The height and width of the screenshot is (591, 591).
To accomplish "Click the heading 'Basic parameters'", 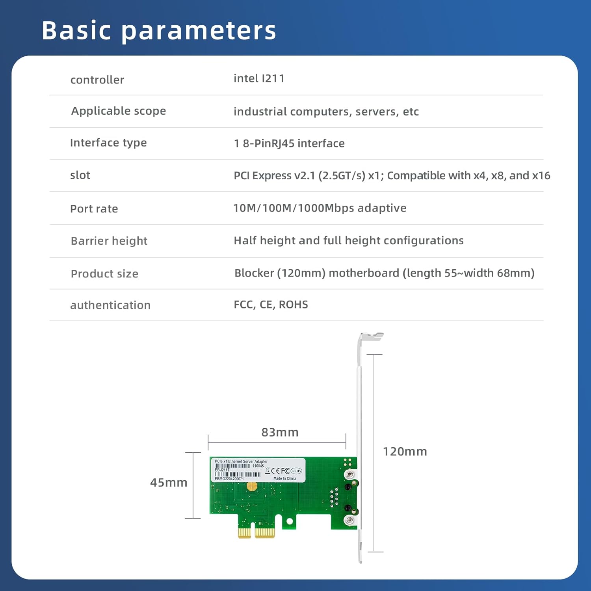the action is click(x=159, y=30).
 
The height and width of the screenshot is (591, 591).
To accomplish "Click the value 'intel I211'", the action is click(x=259, y=78).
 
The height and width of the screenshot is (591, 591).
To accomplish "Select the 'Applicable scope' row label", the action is click(x=118, y=111).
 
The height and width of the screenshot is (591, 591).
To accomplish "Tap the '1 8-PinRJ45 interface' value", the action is click(x=289, y=143).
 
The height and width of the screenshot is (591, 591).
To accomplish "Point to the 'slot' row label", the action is click(x=80, y=175).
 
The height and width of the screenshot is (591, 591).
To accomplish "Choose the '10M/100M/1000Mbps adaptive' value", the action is click(x=320, y=208).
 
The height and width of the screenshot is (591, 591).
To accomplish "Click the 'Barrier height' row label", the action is click(x=109, y=241).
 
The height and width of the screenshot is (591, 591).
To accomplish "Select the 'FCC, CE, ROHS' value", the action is click(x=271, y=305).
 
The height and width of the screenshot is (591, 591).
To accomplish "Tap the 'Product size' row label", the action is click(x=104, y=274).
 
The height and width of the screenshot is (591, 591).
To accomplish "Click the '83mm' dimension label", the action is click(x=280, y=432).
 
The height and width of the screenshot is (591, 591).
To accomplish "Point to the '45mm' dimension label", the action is click(x=169, y=483).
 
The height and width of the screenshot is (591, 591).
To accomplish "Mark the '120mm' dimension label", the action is click(x=405, y=452).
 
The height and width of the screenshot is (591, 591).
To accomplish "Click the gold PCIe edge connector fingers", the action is click(x=256, y=533).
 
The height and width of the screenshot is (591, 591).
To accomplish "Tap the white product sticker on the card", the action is click(x=258, y=470).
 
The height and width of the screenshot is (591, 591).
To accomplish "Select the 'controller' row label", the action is click(x=97, y=80).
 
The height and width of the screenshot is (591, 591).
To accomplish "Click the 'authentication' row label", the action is click(x=110, y=305).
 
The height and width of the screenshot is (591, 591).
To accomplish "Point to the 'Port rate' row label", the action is click(x=94, y=209).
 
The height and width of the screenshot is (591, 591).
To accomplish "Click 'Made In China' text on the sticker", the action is click(x=284, y=478).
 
